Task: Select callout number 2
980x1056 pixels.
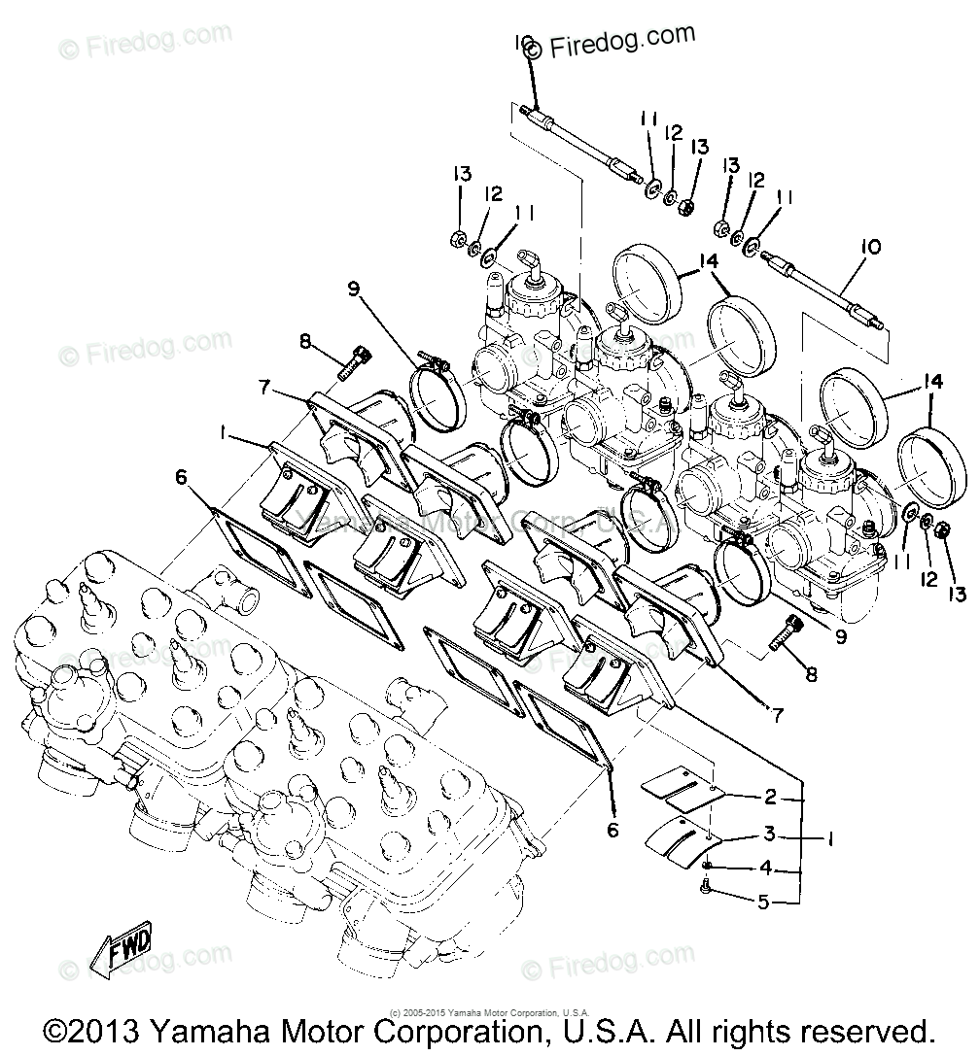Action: click(x=771, y=797)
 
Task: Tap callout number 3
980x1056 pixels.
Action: click(x=769, y=835)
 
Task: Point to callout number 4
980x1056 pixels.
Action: click(x=766, y=867)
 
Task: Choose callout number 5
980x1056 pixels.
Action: click(x=764, y=902)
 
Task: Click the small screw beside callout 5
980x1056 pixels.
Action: click(x=707, y=885)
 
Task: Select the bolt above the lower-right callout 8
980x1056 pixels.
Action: click(x=788, y=632)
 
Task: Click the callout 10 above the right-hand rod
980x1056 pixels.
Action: click(x=869, y=248)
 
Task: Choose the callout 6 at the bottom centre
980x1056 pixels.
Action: click(x=613, y=830)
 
